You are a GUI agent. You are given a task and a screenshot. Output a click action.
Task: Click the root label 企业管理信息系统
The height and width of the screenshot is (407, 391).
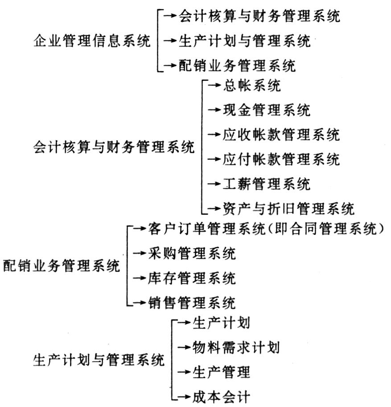coord(92,41)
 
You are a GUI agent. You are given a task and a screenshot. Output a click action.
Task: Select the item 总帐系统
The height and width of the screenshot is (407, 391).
coord(252,85)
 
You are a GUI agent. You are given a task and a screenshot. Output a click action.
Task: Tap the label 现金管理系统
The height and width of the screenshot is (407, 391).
coord(267,110)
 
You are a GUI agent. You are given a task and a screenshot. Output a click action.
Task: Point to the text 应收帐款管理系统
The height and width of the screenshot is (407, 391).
coord(281,134)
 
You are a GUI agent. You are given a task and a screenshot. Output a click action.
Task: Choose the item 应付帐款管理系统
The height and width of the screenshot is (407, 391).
coord(281,159)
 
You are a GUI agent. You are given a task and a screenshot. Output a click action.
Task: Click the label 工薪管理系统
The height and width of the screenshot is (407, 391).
coord(267,184)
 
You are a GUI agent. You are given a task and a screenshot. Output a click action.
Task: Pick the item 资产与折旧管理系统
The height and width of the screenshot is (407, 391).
coord(288,208)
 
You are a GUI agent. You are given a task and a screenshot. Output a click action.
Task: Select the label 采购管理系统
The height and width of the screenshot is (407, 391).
coord(192,253)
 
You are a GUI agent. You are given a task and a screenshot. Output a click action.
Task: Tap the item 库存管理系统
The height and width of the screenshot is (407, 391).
coord(192,278)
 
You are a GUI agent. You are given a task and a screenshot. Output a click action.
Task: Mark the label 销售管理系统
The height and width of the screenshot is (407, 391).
coord(192,303)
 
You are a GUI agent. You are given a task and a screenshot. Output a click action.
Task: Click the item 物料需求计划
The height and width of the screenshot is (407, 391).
coord(236,347)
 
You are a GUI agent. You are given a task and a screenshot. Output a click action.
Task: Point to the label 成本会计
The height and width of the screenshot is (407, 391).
coord(221,397)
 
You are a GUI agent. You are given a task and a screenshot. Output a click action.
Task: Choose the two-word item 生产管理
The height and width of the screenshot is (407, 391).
coord(221,372)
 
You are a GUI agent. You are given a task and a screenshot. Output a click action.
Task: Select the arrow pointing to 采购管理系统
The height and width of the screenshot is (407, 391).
coord(140,253)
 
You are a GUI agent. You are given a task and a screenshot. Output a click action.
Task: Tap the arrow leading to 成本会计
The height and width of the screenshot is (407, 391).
coord(184,397)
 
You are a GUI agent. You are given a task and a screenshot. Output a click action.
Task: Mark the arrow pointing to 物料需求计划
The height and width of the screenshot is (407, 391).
coord(184,347)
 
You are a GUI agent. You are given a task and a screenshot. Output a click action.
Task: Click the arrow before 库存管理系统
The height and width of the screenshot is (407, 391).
coord(140,278)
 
